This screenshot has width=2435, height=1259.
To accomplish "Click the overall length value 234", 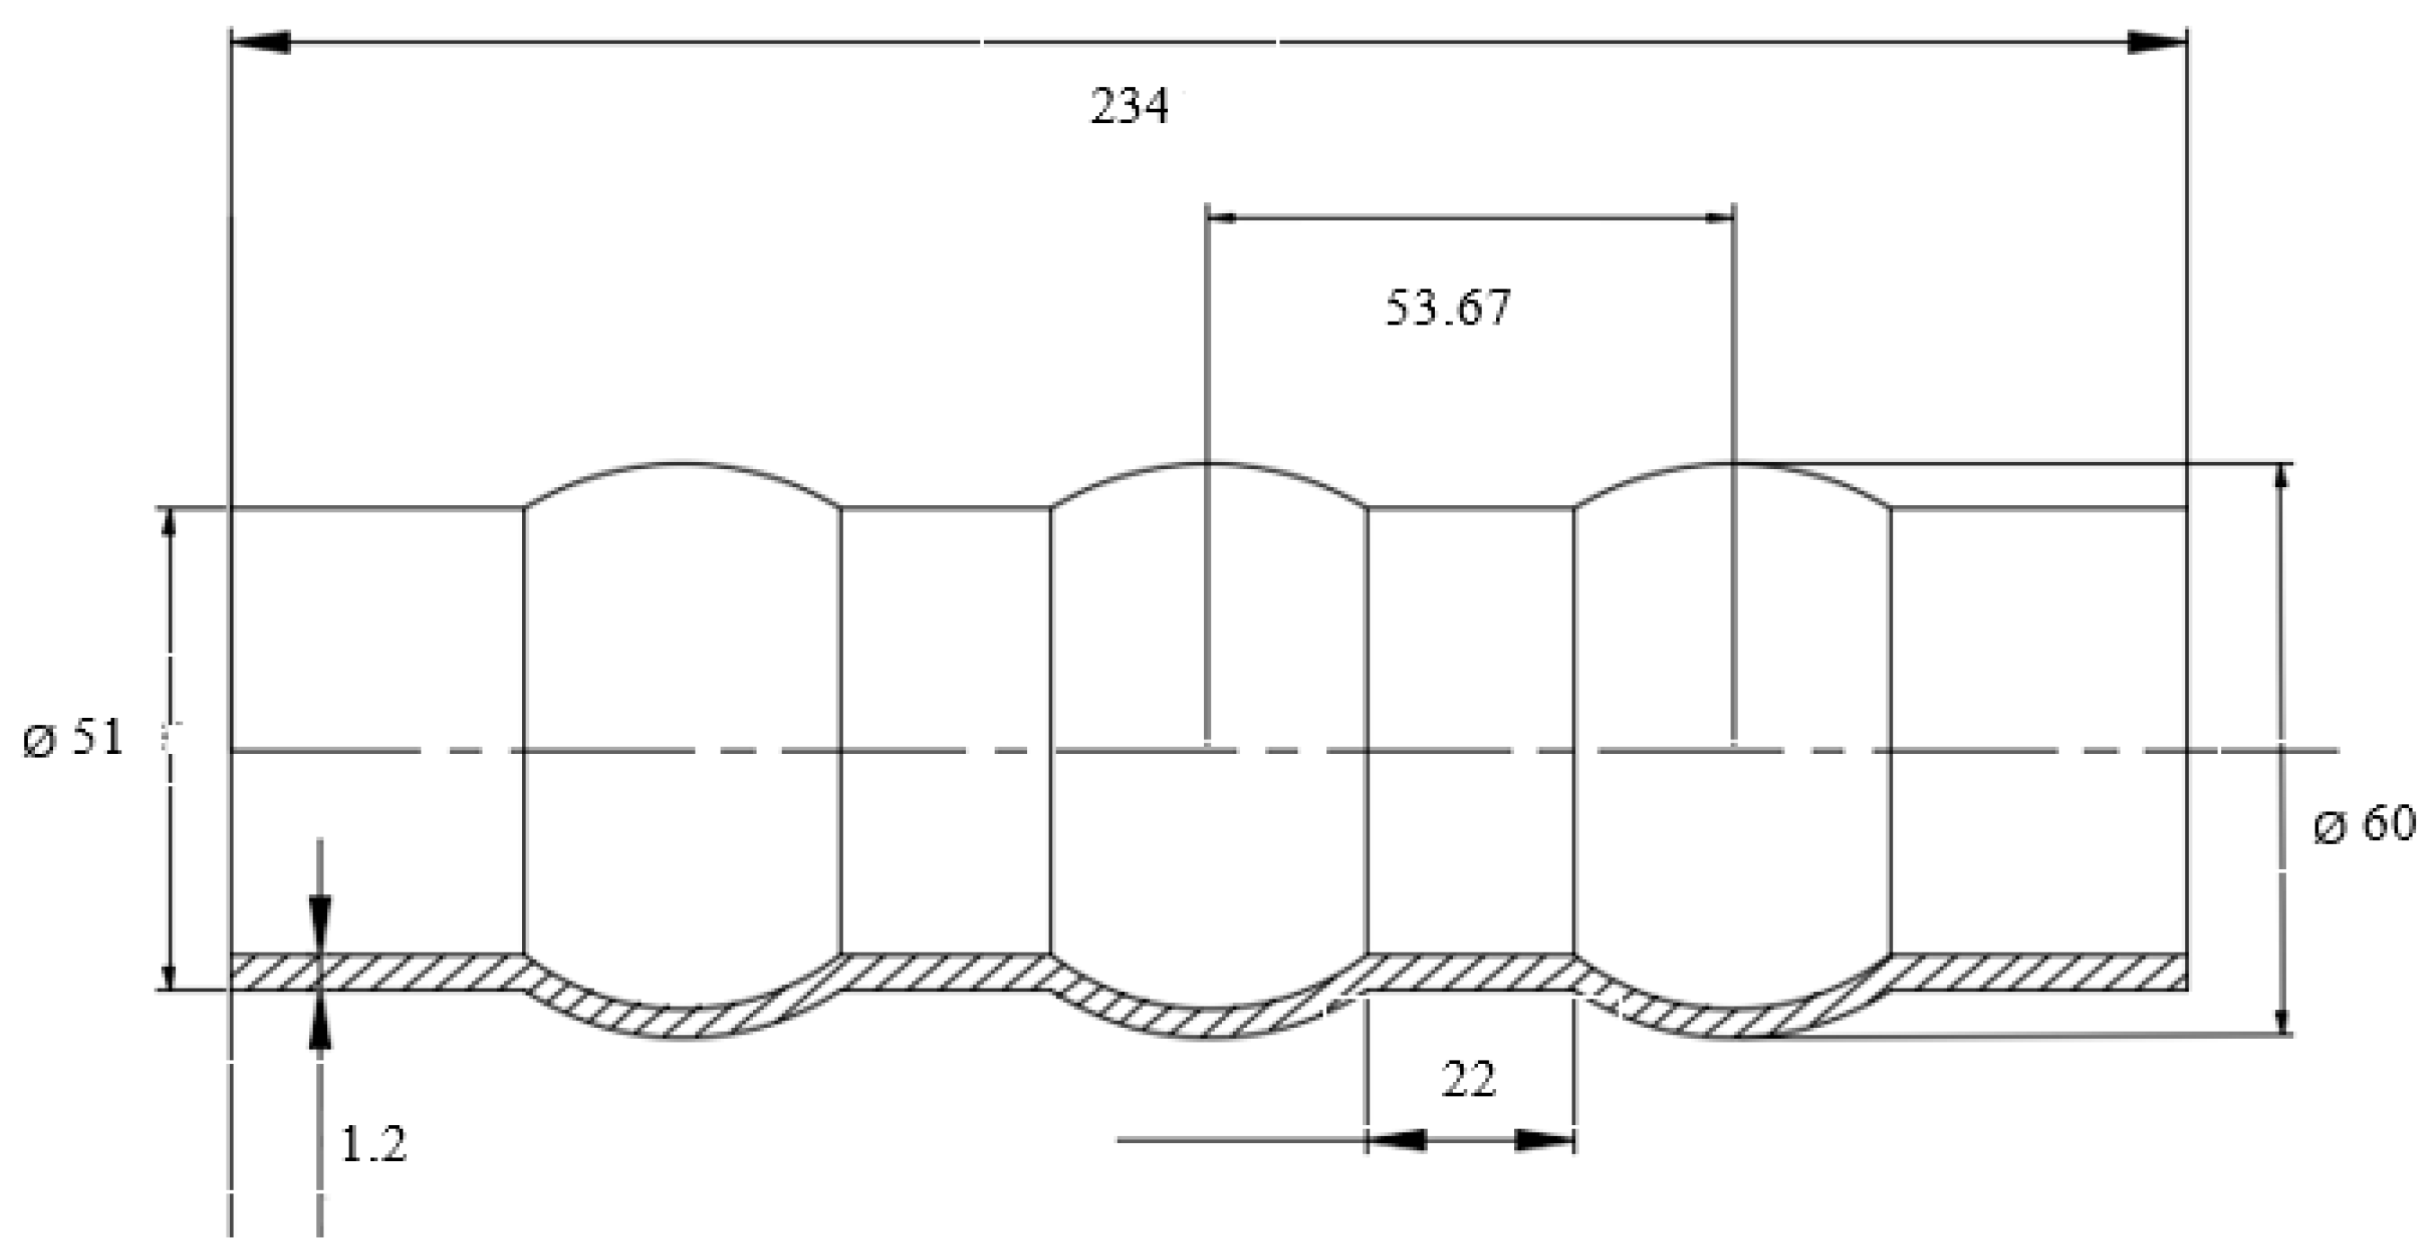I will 1129,106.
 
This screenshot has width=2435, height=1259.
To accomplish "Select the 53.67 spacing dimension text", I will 1448,308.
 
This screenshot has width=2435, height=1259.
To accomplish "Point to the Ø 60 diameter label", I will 2363,824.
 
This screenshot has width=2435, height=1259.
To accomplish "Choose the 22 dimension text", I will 1469,1080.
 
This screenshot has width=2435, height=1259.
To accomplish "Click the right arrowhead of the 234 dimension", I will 2157,41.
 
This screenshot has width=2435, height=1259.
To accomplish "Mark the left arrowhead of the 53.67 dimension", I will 1222,218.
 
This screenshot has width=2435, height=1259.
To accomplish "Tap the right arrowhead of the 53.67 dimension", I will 1720,218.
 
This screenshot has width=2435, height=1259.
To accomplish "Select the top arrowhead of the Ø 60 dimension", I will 2283,478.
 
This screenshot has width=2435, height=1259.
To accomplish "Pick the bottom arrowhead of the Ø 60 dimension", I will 2283,1022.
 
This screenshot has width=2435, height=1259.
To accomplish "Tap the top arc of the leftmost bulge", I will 680,464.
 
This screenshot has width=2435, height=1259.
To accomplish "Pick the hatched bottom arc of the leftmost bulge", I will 680,1025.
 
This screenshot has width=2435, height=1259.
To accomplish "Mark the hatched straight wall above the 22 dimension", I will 1470,972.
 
